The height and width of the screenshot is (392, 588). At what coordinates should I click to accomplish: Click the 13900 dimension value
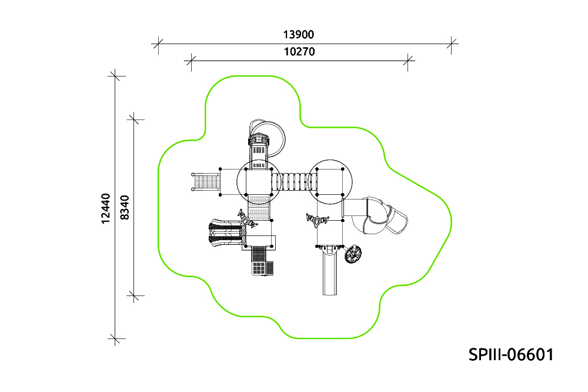[299, 35]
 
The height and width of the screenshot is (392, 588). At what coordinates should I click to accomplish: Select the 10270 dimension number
[299, 51]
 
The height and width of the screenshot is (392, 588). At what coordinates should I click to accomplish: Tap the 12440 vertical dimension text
[106, 208]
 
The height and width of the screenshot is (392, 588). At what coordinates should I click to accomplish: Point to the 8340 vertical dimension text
[124, 207]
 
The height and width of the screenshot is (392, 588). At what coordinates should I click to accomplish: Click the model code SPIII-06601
[511, 354]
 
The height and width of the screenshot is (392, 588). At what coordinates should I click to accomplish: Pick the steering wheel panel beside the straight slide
[352, 254]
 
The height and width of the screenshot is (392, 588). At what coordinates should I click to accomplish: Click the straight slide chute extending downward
[330, 272]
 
